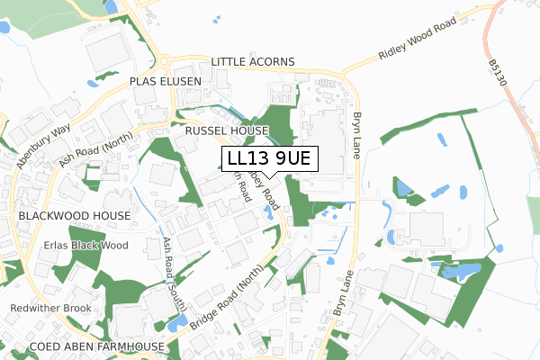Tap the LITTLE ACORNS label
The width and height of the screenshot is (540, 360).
click(254, 62)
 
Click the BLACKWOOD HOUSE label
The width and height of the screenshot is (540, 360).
click(74, 217)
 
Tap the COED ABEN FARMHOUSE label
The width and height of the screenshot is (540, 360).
click(96, 346)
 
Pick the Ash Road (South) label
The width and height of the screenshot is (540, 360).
click(171, 263)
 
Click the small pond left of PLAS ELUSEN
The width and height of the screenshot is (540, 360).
click(93, 83)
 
